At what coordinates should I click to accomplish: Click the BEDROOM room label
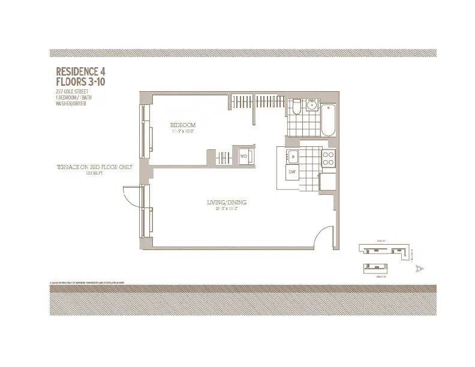(x=184, y=125)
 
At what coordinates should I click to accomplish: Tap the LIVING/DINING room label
(x=226, y=203)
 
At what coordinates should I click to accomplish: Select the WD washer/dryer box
(x=244, y=157)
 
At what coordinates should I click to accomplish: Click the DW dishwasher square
(x=292, y=172)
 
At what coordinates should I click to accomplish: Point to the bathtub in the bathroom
(x=329, y=120)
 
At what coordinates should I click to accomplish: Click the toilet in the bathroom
(x=296, y=108)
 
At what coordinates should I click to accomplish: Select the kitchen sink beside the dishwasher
(x=292, y=157)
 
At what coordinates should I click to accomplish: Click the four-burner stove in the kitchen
(x=328, y=158)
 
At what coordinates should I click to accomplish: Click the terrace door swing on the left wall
(x=131, y=195)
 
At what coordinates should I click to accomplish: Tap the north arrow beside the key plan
(x=419, y=269)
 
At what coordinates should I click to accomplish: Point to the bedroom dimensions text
(x=184, y=131)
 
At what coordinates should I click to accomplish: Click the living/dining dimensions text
(x=226, y=209)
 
